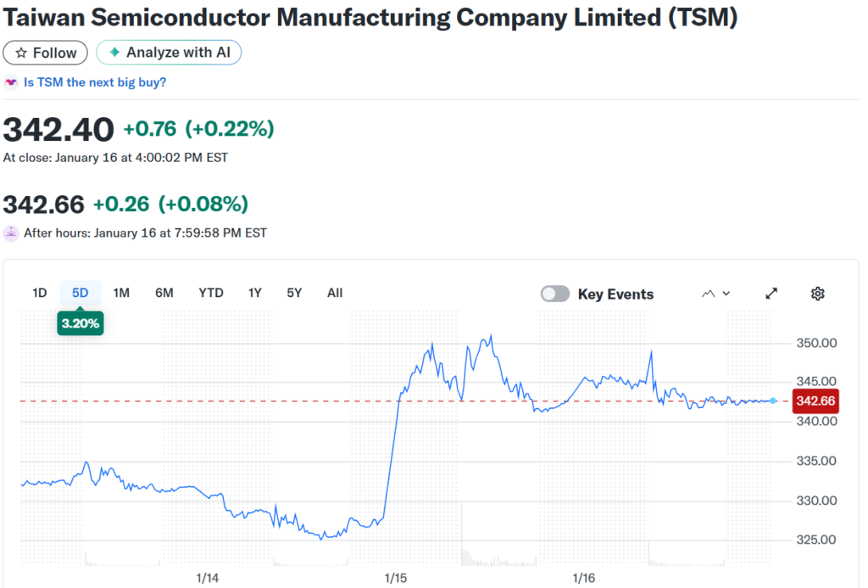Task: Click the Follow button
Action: click(46, 53)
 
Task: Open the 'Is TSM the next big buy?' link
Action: click(95, 82)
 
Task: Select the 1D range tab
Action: click(39, 293)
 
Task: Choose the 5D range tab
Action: click(80, 293)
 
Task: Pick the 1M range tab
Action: click(121, 293)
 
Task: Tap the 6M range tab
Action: click(164, 293)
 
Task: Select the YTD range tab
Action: click(211, 293)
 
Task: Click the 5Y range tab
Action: click(294, 293)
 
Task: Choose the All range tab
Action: click(335, 293)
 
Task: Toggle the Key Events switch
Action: click(555, 294)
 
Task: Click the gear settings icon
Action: click(817, 294)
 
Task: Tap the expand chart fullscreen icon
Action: click(771, 294)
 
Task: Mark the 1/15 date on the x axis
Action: click(396, 578)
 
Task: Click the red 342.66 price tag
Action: click(815, 401)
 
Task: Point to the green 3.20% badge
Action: click(81, 323)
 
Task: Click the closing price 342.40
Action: click(58, 130)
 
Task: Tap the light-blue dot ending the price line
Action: click(773, 400)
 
